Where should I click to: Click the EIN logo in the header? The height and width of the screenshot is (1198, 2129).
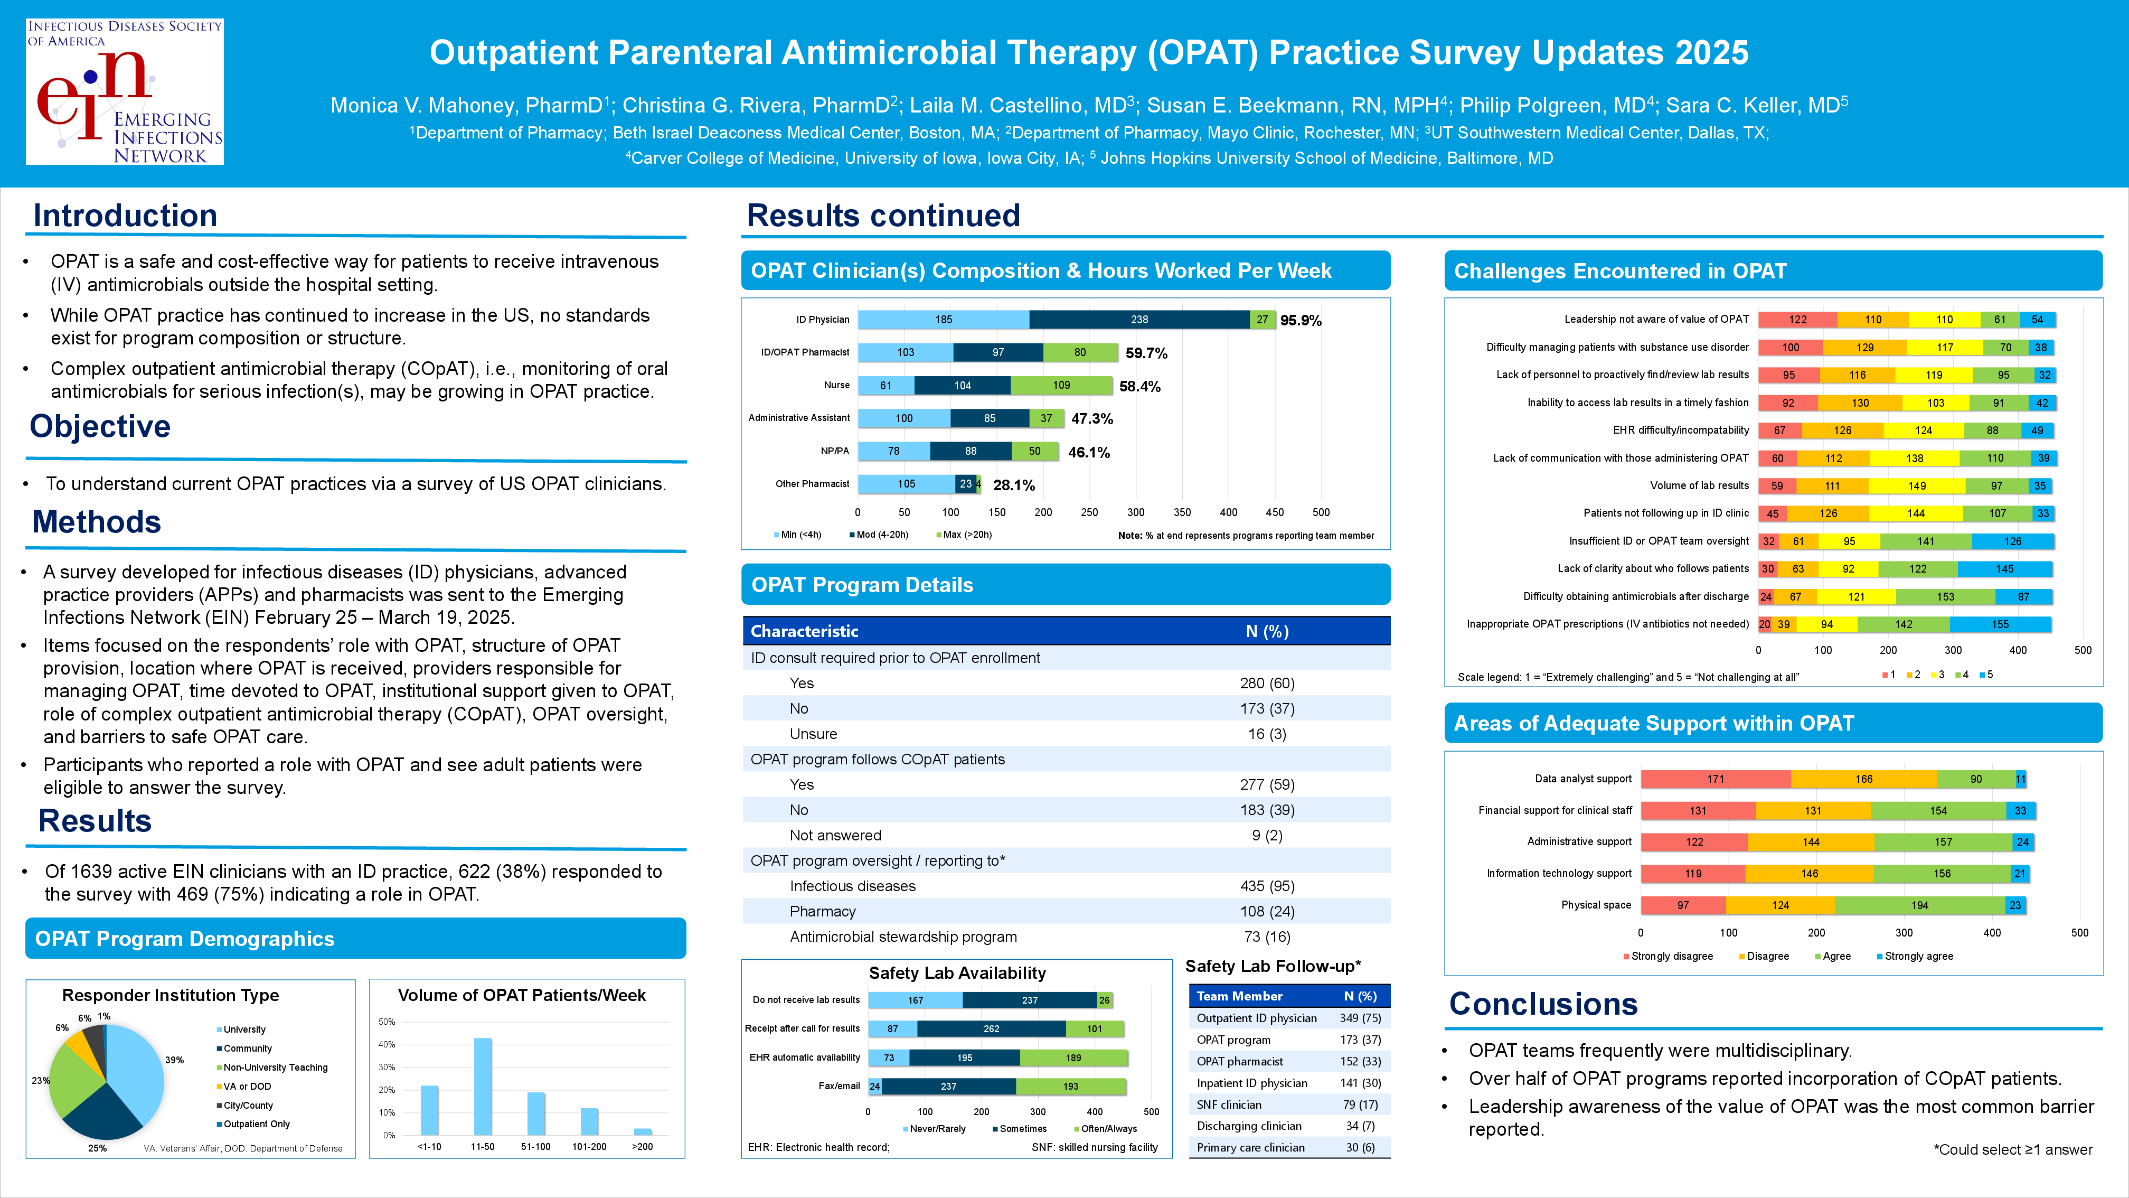125,92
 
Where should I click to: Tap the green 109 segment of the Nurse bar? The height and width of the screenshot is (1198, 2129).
1061,385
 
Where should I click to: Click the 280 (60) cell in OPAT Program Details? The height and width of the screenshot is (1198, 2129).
1266,684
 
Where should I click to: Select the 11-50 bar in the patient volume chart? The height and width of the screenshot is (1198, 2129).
483,1087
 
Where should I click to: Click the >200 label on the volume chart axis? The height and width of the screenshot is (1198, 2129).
642,1147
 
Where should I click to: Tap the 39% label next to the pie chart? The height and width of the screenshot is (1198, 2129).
174,1060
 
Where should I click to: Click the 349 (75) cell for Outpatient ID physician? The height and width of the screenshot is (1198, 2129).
1360,1018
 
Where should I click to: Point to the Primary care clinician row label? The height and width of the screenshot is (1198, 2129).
1250,1148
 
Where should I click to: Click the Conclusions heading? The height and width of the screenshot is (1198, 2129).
1543,1004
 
